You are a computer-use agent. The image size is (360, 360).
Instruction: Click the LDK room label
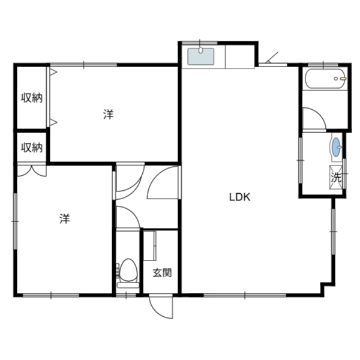(x=239, y=197)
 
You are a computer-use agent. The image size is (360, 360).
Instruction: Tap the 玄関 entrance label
(x=162, y=273)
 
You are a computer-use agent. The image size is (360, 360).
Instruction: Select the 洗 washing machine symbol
(x=336, y=178)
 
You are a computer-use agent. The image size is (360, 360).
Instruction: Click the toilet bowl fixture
(x=128, y=273)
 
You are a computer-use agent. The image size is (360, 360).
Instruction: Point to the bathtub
(x=325, y=79)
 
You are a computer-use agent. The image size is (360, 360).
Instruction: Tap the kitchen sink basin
(x=200, y=56)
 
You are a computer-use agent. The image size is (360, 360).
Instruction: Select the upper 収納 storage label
(x=32, y=98)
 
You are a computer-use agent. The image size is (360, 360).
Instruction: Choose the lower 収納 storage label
(x=32, y=148)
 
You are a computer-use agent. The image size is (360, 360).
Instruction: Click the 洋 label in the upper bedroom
(x=109, y=115)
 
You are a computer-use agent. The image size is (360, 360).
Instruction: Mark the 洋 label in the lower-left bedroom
(x=65, y=218)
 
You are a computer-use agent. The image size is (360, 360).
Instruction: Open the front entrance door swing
(x=161, y=307)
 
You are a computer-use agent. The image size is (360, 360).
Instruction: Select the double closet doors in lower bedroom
(x=32, y=170)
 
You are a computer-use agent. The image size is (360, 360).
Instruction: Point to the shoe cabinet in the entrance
(x=149, y=245)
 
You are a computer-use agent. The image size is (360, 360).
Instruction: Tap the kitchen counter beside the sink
(x=240, y=57)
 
